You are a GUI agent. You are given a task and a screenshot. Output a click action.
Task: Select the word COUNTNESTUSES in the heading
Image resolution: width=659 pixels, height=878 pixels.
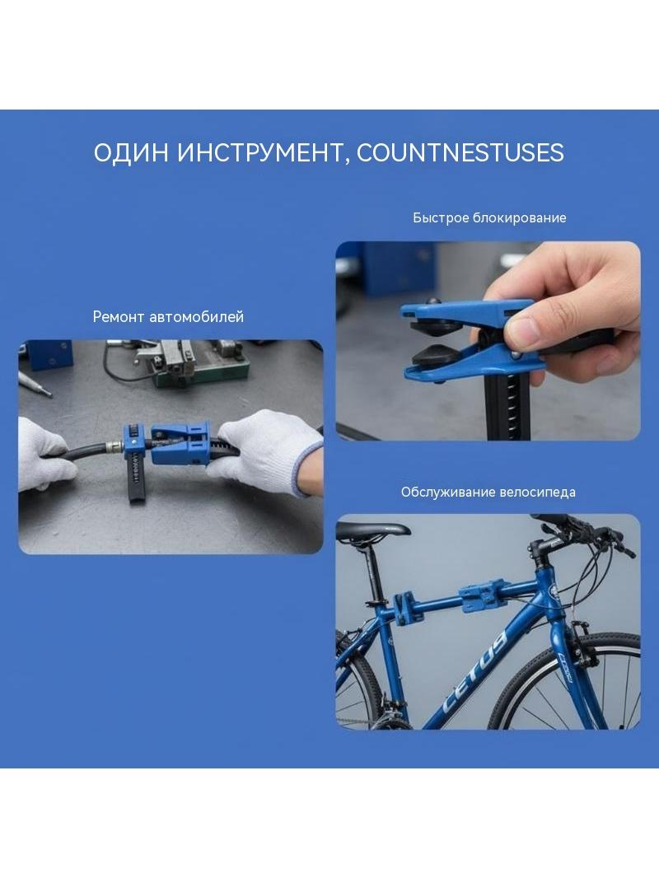460,152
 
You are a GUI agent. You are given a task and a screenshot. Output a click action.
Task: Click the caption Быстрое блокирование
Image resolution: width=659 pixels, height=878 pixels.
489,217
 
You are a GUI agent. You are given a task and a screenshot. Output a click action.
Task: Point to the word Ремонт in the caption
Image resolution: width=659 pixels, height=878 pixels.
119,317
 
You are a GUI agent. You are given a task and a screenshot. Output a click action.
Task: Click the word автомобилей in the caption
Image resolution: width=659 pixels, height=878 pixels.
197,317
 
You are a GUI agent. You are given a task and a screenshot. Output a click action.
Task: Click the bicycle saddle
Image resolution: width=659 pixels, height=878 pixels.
372,530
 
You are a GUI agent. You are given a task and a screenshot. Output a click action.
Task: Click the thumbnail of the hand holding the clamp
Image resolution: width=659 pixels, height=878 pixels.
488,341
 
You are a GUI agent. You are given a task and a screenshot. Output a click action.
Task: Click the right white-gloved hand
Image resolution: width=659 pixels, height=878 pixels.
266,448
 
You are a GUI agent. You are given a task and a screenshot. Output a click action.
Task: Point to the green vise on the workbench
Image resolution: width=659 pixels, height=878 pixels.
201,364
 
